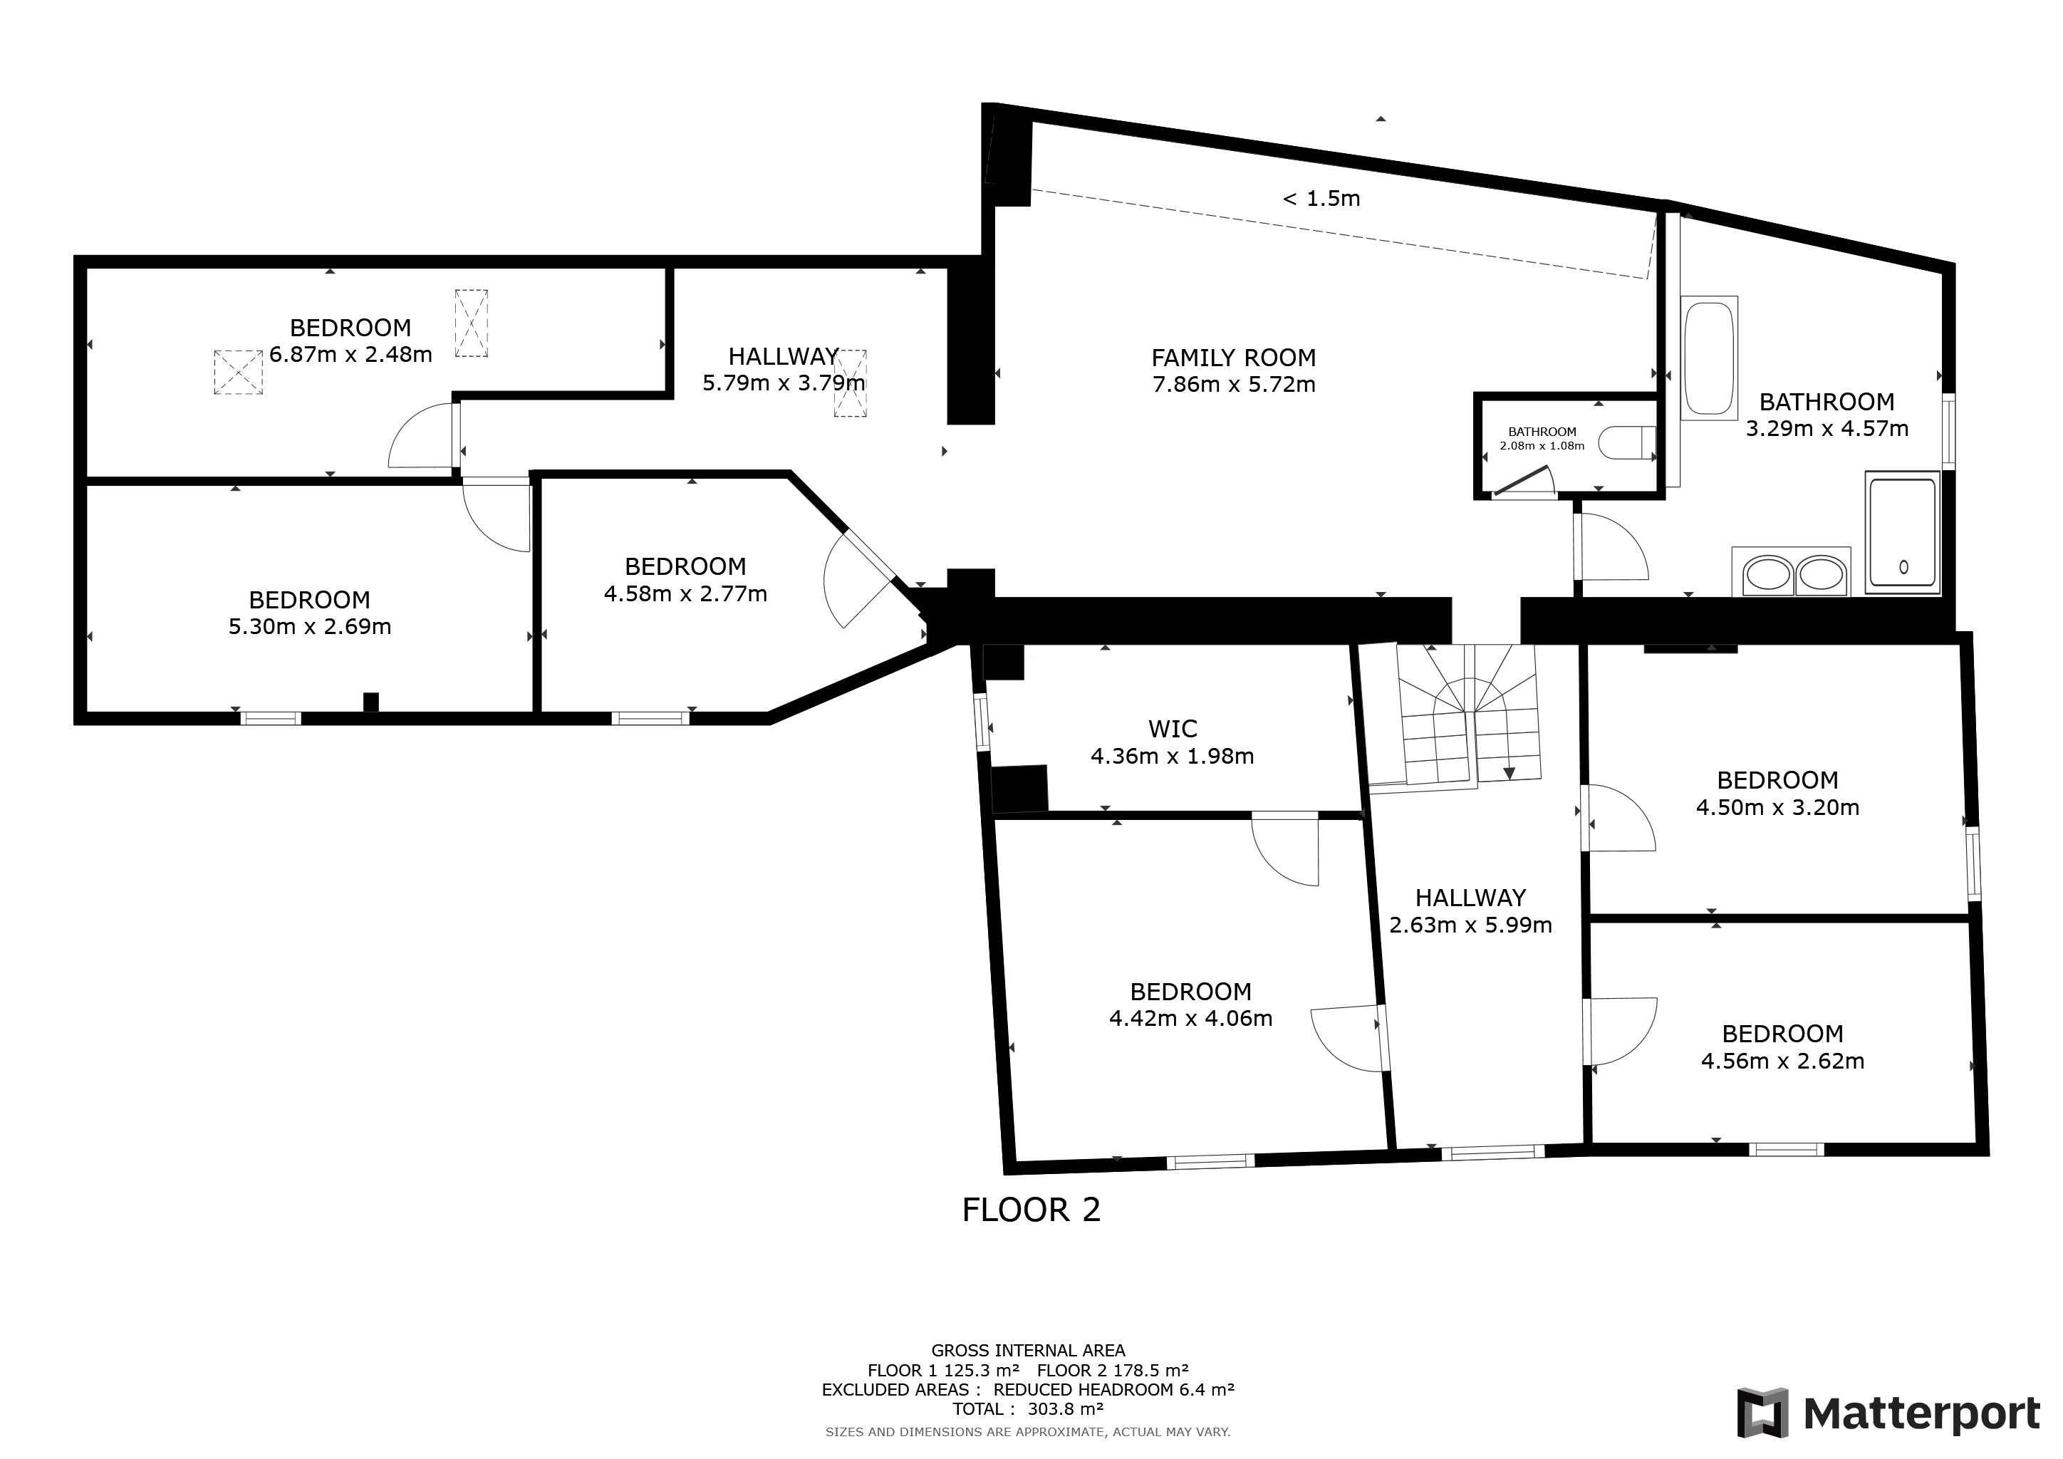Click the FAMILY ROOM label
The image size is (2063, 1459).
[x=1234, y=358]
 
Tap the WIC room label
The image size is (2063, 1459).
[x=1173, y=729]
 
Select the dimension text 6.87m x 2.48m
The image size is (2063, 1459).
[x=350, y=355]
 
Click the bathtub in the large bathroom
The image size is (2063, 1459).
[x=1710, y=357]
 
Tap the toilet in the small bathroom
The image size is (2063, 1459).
[x=1627, y=443]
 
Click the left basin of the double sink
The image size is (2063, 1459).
[x=1767, y=574]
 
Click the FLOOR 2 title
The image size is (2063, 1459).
[x=1031, y=1210]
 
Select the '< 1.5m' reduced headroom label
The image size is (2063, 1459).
[x=1321, y=199]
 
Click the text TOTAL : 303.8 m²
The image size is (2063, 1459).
[x=1028, y=1408]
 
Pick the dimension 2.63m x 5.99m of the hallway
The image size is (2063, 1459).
[x=1471, y=925]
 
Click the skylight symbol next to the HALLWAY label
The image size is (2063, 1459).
[x=850, y=383]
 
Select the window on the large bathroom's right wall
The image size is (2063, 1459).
[x=1948, y=430]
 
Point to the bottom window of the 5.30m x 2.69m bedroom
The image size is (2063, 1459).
[x=271, y=718]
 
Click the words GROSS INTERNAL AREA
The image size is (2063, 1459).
[x=1028, y=1350]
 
